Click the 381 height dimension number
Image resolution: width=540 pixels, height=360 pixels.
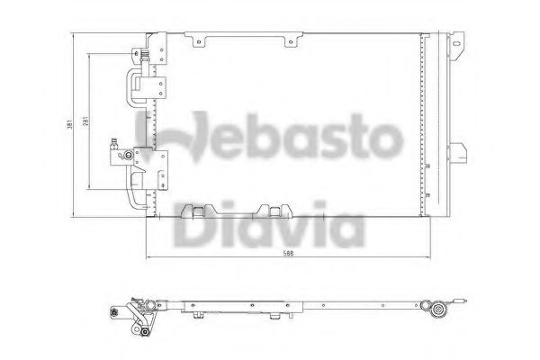point(69,124)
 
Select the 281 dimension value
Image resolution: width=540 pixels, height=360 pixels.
point(85,121)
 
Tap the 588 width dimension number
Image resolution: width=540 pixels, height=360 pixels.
point(288,254)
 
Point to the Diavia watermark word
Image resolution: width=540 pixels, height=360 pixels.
point(268,225)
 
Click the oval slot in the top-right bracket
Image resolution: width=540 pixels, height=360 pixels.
point(456,44)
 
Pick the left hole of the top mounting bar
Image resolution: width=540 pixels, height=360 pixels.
point(199,42)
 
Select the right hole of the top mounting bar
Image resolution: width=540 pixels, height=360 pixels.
point(291,42)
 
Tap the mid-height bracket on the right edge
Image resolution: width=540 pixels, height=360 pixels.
point(458,153)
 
